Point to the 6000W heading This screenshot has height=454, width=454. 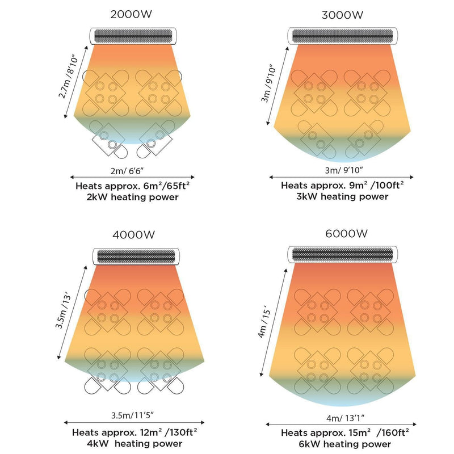pyautogui.click(x=342, y=233)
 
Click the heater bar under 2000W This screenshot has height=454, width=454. pyautogui.click(x=134, y=36)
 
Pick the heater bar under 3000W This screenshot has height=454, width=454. pyautogui.click(x=342, y=36)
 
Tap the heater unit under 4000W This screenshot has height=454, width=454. pyautogui.click(x=134, y=257)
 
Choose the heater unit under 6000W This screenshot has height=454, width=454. pyautogui.click(x=342, y=254)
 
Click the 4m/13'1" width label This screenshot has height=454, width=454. pyautogui.click(x=343, y=418)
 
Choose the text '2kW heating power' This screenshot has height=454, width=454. pyautogui.click(x=131, y=197)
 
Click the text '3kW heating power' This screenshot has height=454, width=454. pyautogui.click(x=342, y=197)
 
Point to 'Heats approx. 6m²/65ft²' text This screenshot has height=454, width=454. pyautogui.click(x=131, y=186)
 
